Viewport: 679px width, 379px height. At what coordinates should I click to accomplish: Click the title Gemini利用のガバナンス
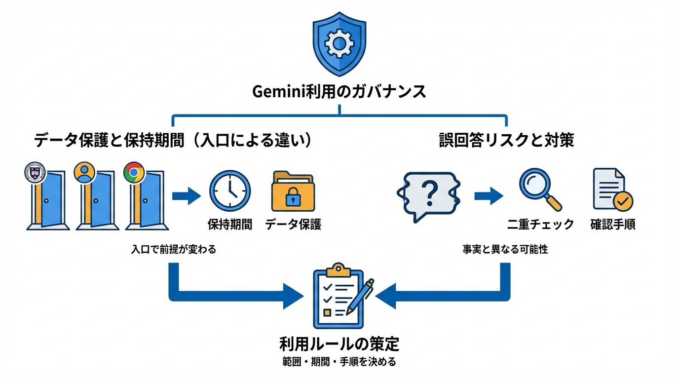pyautogui.click(x=339, y=92)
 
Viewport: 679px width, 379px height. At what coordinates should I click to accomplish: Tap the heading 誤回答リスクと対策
pyautogui.click(x=506, y=141)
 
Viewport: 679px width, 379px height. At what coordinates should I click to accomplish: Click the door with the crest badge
pyautogui.click(x=47, y=200)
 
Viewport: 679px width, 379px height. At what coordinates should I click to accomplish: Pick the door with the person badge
pyautogui.click(x=96, y=200)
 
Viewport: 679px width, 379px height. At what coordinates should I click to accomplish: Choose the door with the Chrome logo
pyautogui.click(x=146, y=200)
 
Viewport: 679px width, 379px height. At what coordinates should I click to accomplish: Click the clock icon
pyautogui.click(x=230, y=191)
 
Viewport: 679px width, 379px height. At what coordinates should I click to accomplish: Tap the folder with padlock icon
pyautogui.click(x=293, y=192)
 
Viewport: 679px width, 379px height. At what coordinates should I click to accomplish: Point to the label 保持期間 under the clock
pyautogui.click(x=230, y=225)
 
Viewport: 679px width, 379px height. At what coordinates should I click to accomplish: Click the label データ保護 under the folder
pyautogui.click(x=293, y=225)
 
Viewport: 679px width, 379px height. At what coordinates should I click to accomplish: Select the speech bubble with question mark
pyautogui.click(x=429, y=195)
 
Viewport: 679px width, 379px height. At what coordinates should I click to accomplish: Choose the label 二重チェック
pyautogui.click(x=540, y=225)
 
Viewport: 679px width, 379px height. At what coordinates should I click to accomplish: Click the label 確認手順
pyautogui.click(x=612, y=225)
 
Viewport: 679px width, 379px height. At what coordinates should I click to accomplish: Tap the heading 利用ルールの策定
pyautogui.click(x=339, y=343)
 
